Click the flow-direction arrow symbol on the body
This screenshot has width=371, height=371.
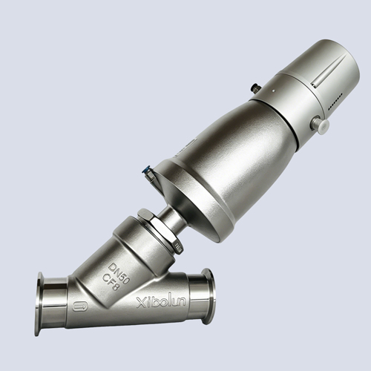pos(80,306)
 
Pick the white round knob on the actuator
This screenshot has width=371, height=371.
pos(321,124)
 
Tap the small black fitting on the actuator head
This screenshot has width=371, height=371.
pos(255,88)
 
